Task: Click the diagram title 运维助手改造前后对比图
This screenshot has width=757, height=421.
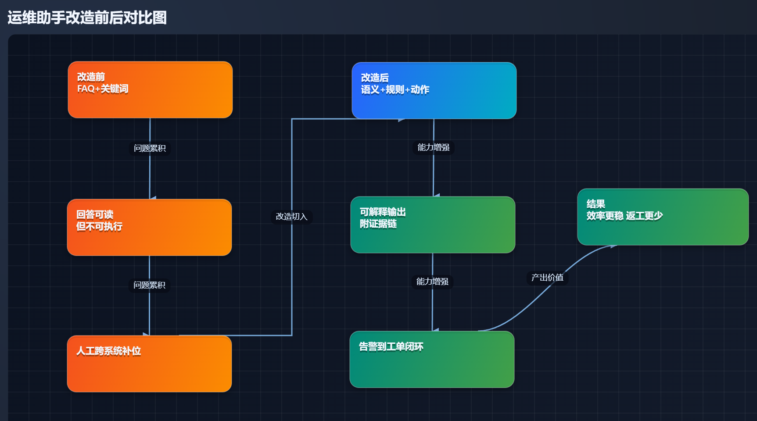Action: click(87, 18)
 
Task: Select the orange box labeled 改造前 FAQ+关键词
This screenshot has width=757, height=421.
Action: click(150, 90)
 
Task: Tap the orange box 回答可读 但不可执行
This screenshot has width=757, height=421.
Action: click(149, 228)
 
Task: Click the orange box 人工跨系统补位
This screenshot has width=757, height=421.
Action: click(149, 364)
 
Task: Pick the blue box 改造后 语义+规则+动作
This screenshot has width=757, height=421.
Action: click(434, 91)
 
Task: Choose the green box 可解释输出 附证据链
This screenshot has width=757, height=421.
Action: click(433, 225)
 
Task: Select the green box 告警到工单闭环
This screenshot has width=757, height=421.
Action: click(432, 360)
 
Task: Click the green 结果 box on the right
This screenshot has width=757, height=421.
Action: click(663, 217)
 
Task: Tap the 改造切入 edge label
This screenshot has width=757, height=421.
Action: click(291, 217)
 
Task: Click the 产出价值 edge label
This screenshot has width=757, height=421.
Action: click(547, 278)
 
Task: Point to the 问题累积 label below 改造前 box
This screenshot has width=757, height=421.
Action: click(150, 148)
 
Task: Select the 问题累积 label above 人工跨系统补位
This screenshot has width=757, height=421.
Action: click(149, 285)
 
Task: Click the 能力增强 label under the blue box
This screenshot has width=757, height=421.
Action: click(433, 147)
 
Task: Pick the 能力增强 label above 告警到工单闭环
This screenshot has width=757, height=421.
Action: click(432, 282)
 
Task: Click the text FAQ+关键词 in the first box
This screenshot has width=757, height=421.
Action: click(103, 89)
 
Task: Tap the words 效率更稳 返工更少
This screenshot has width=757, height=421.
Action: click(624, 216)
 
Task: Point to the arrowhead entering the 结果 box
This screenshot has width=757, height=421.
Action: click(613, 246)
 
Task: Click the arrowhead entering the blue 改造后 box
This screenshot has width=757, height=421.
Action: click(401, 119)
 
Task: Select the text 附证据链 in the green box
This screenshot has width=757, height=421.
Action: click(378, 224)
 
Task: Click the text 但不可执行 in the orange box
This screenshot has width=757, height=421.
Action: click(99, 227)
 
